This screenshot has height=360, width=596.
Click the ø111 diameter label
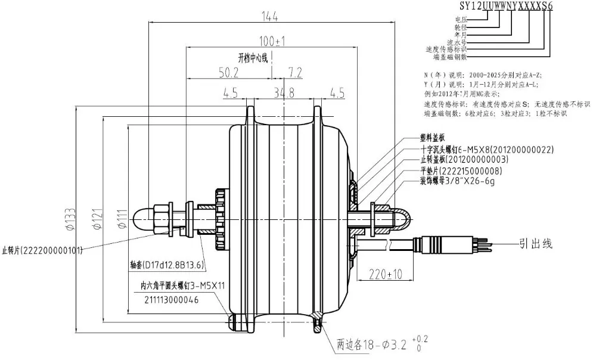coord(122,219)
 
